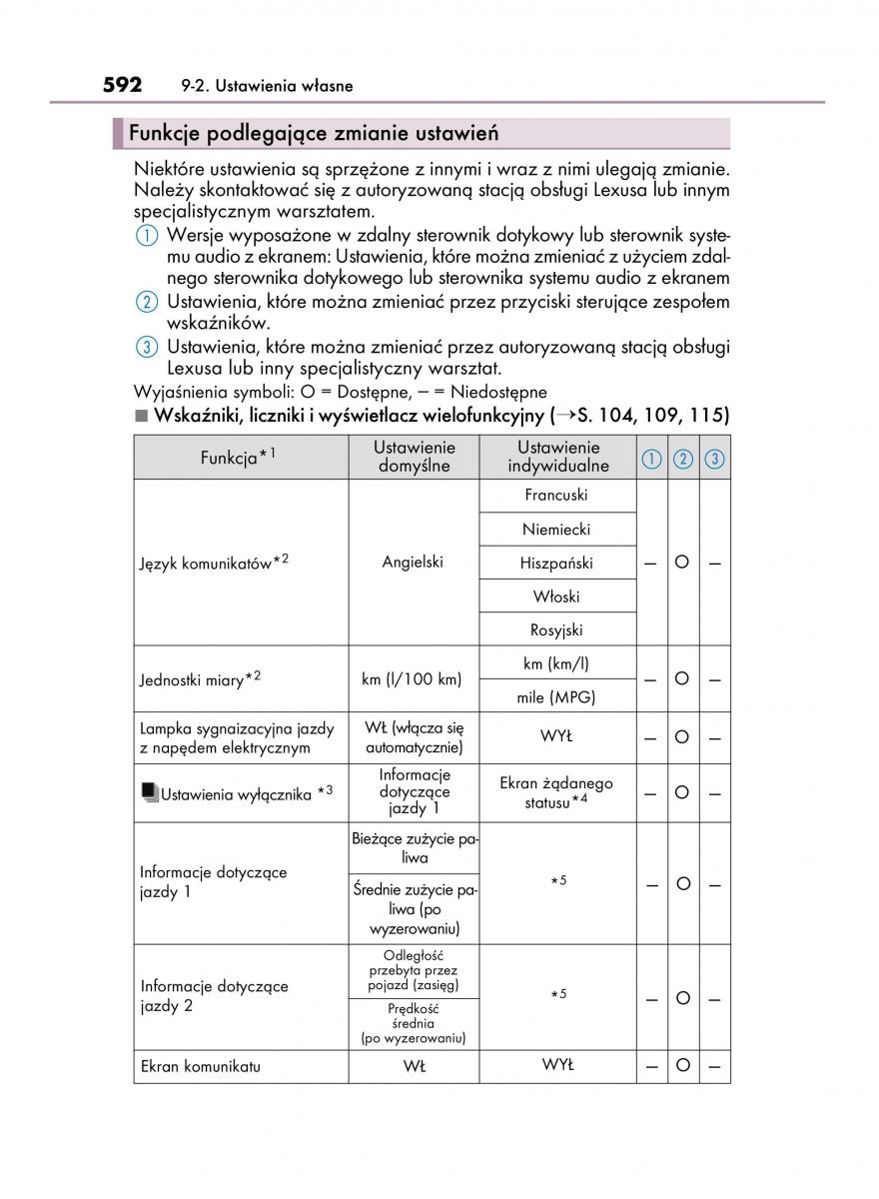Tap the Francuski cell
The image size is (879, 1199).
coord(555,496)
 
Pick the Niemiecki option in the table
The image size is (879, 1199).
coord(555,530)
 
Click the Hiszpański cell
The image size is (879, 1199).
coord(555,564)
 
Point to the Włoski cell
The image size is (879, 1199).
coord(555,598)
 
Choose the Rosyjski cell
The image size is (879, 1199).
coord(555,630)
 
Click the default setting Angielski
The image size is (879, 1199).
coord(413,563)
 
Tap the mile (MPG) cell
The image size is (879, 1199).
coord(555,697)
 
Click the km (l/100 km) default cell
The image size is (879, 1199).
coord(412,679)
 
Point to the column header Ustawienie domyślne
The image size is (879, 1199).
coord(414,457)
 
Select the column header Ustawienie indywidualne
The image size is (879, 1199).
coord(557,457)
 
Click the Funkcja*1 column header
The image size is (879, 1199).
coord(238,458)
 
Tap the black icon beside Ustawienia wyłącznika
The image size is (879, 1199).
coord(149,793)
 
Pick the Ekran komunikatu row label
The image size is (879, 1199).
coord(200,1066)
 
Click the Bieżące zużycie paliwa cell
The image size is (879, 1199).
coord(414,847)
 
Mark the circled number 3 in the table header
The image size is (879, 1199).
coord(714,459)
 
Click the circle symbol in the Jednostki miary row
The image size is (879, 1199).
coord(682,679)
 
